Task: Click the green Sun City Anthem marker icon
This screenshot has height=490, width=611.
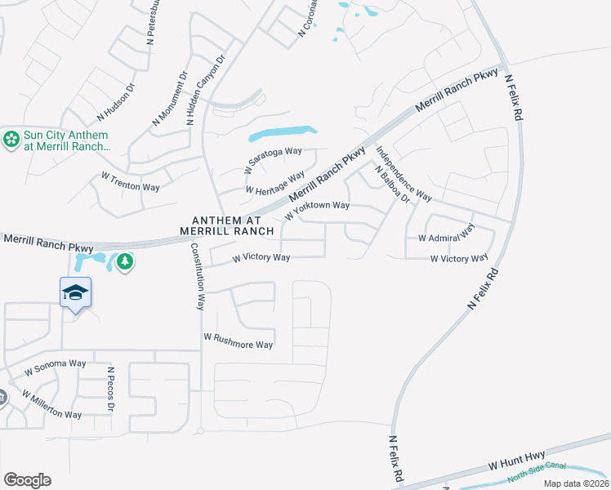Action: click(x=11, y=140)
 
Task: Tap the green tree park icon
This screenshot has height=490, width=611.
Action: click(x=124, y=261)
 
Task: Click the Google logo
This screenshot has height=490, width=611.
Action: click(x=27, y=479)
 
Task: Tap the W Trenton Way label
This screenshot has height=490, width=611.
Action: click(x=130, y=181)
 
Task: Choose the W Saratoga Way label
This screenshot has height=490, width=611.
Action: click(x=273, y=160)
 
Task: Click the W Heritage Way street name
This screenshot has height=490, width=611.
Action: click(x=275, y=184)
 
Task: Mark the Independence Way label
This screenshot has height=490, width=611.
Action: click(x=404, y=173)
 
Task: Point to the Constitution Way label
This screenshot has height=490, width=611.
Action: click(x=197, y=276)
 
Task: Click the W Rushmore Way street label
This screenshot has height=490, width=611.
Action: click(x=238, y=341)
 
